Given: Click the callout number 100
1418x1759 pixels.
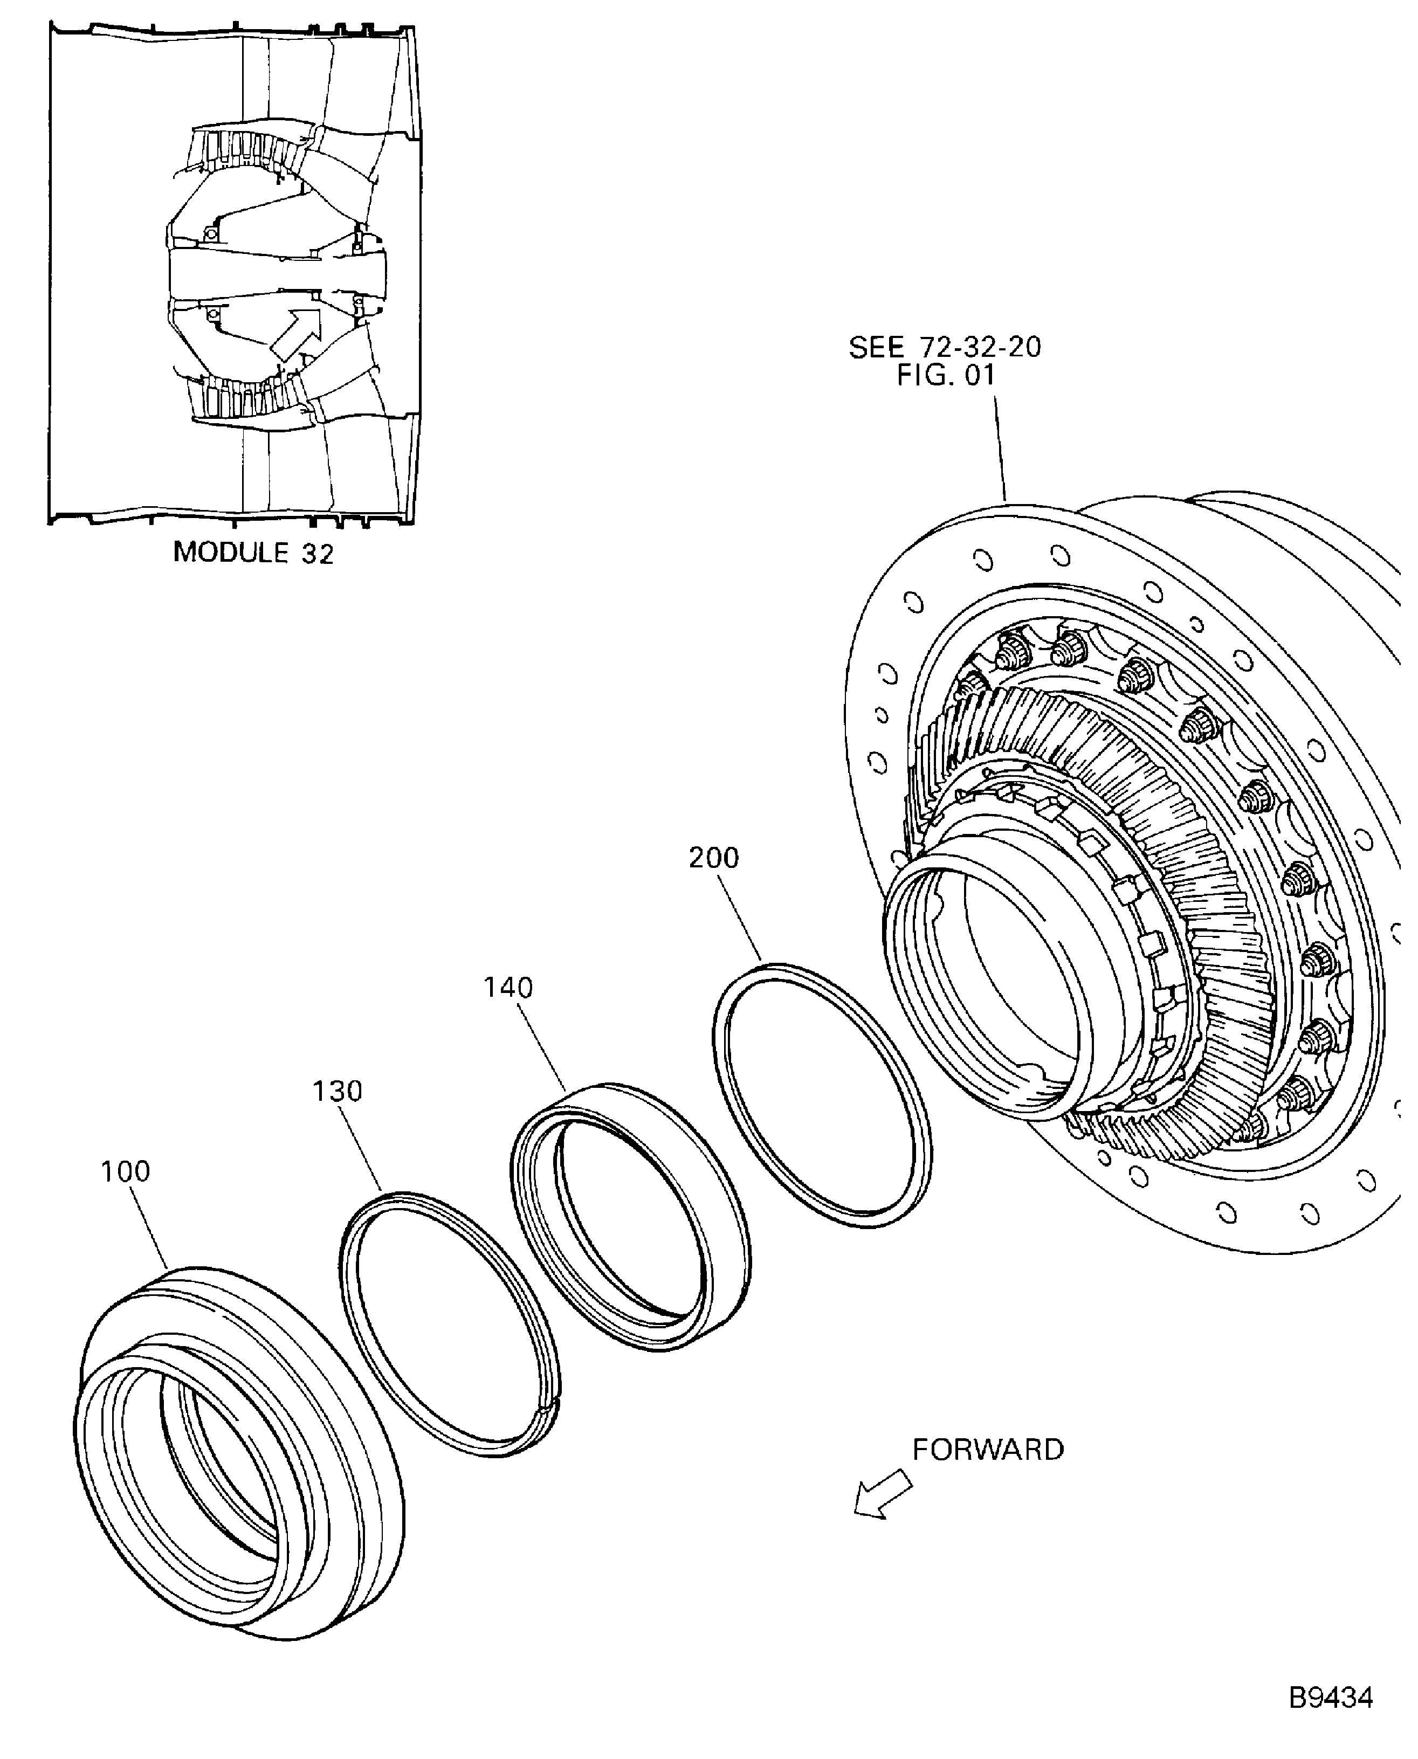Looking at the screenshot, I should coord(125,1172).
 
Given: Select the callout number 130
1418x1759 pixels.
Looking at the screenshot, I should coord(338,1091).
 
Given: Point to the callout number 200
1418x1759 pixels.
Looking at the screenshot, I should coord(713,858).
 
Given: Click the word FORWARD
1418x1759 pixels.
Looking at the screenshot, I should coord(988,1450).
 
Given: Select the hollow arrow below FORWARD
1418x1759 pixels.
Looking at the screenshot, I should coord(882,1494).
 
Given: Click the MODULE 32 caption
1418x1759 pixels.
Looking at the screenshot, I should coord(253,553).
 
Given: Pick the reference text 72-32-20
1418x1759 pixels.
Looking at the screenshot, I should coord(980,347).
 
